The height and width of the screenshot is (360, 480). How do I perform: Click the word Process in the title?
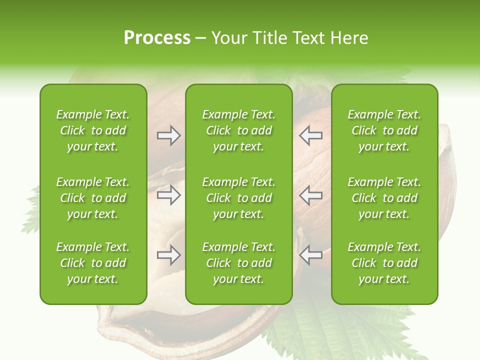point(157,38)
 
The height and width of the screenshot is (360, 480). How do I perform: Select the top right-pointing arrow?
point(168,135)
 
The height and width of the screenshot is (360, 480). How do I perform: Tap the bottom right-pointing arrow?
point(168,255)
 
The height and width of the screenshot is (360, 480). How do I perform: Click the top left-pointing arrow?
point(310,135)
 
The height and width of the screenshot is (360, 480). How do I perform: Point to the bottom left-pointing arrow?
point(310,255)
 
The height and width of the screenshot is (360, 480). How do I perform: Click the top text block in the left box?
point(93,130)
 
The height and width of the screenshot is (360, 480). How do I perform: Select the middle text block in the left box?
point(93,198)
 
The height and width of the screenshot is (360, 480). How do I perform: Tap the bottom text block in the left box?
point(93,263)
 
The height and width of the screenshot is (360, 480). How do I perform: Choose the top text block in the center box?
point(238,130)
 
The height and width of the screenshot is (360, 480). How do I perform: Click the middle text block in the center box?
point(238,198)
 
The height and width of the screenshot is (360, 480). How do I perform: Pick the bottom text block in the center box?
point(238,263)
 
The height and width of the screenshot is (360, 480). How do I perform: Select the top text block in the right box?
point(384,130)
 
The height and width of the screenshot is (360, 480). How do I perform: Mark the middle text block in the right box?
point(384,198)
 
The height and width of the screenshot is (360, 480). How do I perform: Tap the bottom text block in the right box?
point(384,263)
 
